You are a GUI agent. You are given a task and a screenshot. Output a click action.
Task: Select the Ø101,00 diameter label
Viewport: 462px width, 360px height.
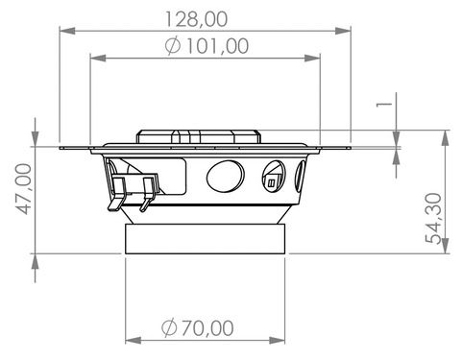pyautogui.click(x=207, y=45)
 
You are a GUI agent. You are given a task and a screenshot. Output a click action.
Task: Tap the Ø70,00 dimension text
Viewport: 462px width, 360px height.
pyautogui.click(x=199, y=328)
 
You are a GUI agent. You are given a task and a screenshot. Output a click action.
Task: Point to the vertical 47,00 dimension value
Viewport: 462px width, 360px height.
pyautogui.click(x=21, y=188)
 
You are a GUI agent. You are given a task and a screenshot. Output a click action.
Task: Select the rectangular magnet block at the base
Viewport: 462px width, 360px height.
pyautogui.click(x=206, y=238)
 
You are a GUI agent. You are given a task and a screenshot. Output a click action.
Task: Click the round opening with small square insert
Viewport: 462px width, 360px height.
pyautogui.click(x=274, y=178)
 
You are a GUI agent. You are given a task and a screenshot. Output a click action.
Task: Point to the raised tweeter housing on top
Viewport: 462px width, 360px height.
pyautogui.click(x=198, y=137)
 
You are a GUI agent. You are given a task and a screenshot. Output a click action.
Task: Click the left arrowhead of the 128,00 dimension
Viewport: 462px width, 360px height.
pyautogui.click(x=63, y=30)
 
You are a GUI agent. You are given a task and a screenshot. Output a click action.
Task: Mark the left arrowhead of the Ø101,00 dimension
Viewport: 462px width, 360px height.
pyautogui.click(x=94, y=58)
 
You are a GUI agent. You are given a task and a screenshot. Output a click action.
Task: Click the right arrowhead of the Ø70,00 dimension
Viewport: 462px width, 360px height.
pyautogui.click(x=281, y=340)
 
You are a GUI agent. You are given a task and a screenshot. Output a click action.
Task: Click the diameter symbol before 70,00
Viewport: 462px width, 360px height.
pyautogui.click(x=169, y=328)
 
